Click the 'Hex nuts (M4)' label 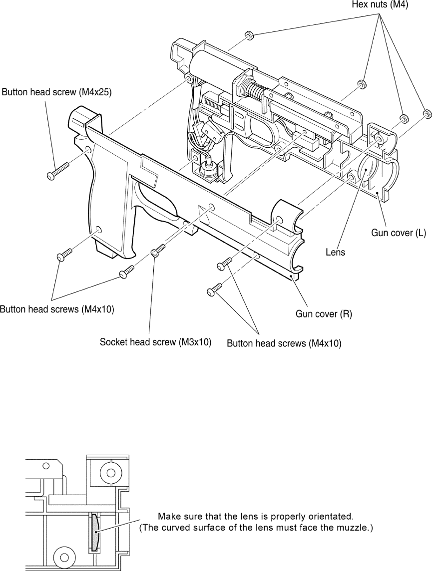coord(380,5)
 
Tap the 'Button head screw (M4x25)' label coord(57,92)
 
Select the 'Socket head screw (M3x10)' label coord(155,342)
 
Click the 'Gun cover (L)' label coord(399,233)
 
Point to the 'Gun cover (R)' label coord(324,314)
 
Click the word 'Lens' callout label coord(335,252)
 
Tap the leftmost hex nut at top coord(249,36)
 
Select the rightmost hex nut coord(426,114)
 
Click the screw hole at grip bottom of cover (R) coord(97,229)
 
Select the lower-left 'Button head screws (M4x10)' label coord(57,309)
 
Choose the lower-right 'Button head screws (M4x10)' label coord(284,343)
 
